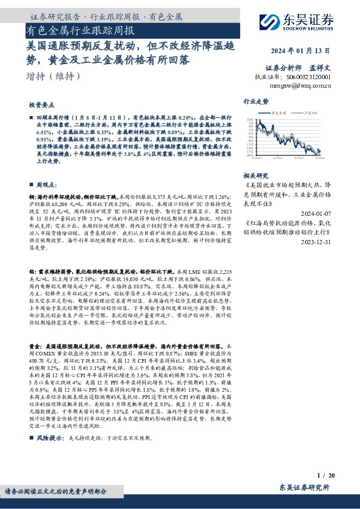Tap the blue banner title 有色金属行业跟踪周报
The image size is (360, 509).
click(x=81, y=30)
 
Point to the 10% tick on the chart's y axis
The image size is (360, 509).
click(x=250, y=120)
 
